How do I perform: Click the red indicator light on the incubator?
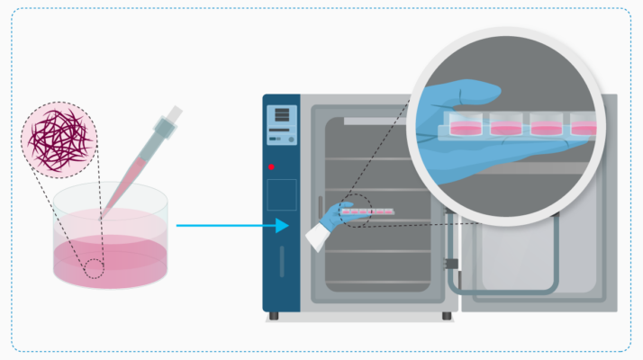tap(270, 167)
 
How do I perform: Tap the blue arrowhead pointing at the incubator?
tap(283, 225)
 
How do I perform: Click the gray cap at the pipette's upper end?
tap(174, 114)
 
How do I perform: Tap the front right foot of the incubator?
tap(448, 315)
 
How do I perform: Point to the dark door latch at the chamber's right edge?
tap(450, 265)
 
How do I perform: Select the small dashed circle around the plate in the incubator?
tap(358, 210)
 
